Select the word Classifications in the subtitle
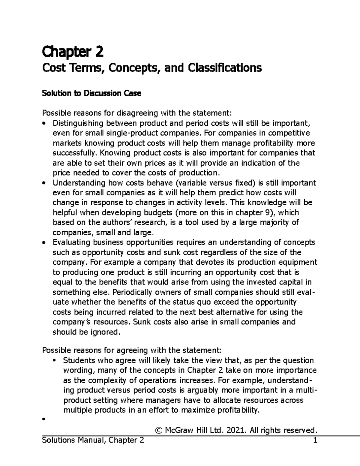pyautogui.click(x=225, y=68)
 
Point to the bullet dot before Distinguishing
pyautogui.click(x=44, y=123)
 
